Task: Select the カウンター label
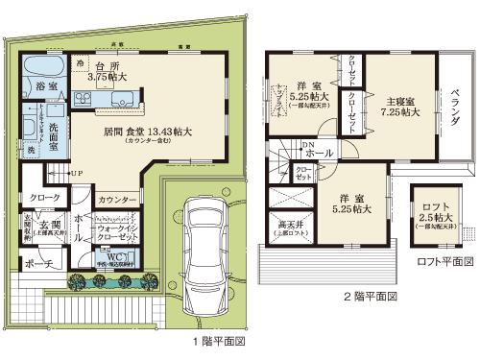point(116,199)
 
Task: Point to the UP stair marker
point(74,174)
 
